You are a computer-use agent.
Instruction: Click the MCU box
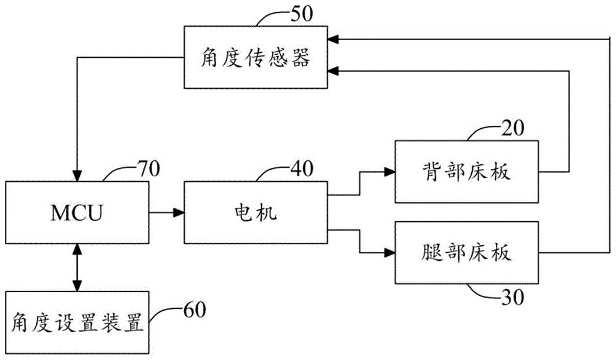coord(77,213)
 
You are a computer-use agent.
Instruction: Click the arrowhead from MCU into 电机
coord(179,213)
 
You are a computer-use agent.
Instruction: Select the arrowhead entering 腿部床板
coord(389,253)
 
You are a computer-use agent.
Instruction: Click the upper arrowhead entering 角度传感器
coord(334,39)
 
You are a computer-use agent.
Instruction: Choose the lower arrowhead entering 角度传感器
coord(334,71)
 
